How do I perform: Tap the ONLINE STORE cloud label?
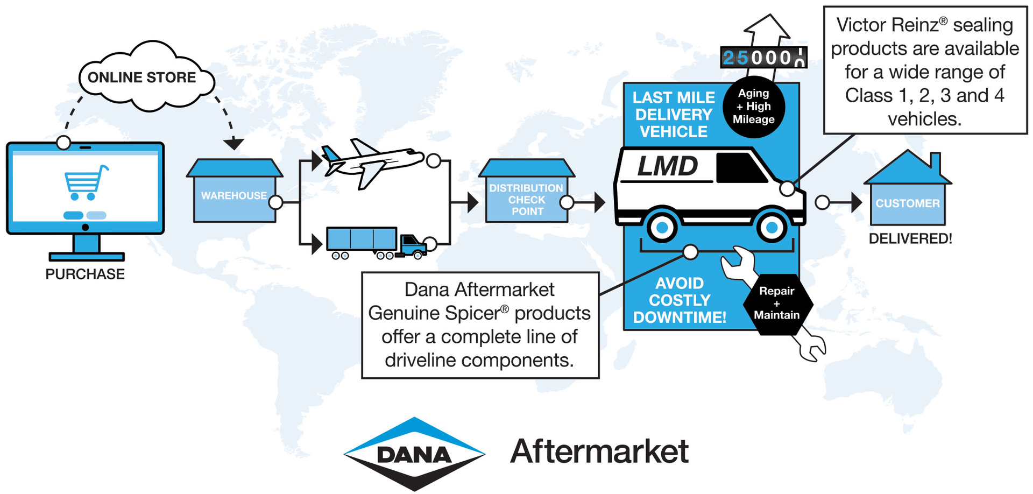[x=142, y=77]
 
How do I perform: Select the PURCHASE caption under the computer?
[x=85, y=274]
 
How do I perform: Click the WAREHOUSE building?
[x=234, y=195]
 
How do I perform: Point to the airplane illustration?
[x=371, y=161]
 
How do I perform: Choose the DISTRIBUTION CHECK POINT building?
[x=526, y=199]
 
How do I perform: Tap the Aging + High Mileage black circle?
[x=753, y=107]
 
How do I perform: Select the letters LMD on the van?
[x=668, y=166]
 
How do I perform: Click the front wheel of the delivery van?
[x=772, y=228]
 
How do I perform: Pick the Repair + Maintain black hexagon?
[x=777, y=304]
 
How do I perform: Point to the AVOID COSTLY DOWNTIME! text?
[x=680, y=300]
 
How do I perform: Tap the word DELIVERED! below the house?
[x=910, y=239]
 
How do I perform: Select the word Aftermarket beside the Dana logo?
[x=599, y=451]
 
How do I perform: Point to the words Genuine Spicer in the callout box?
[x=438, y=313]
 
